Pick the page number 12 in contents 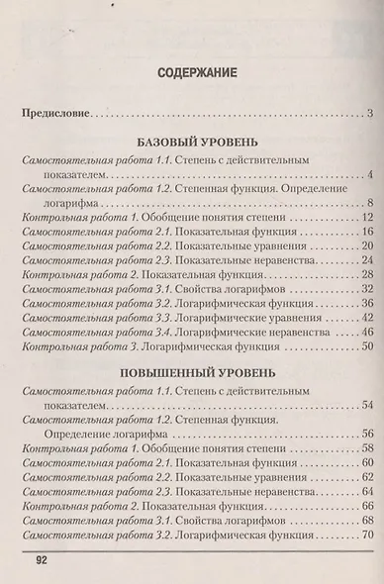pos(364,217)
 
